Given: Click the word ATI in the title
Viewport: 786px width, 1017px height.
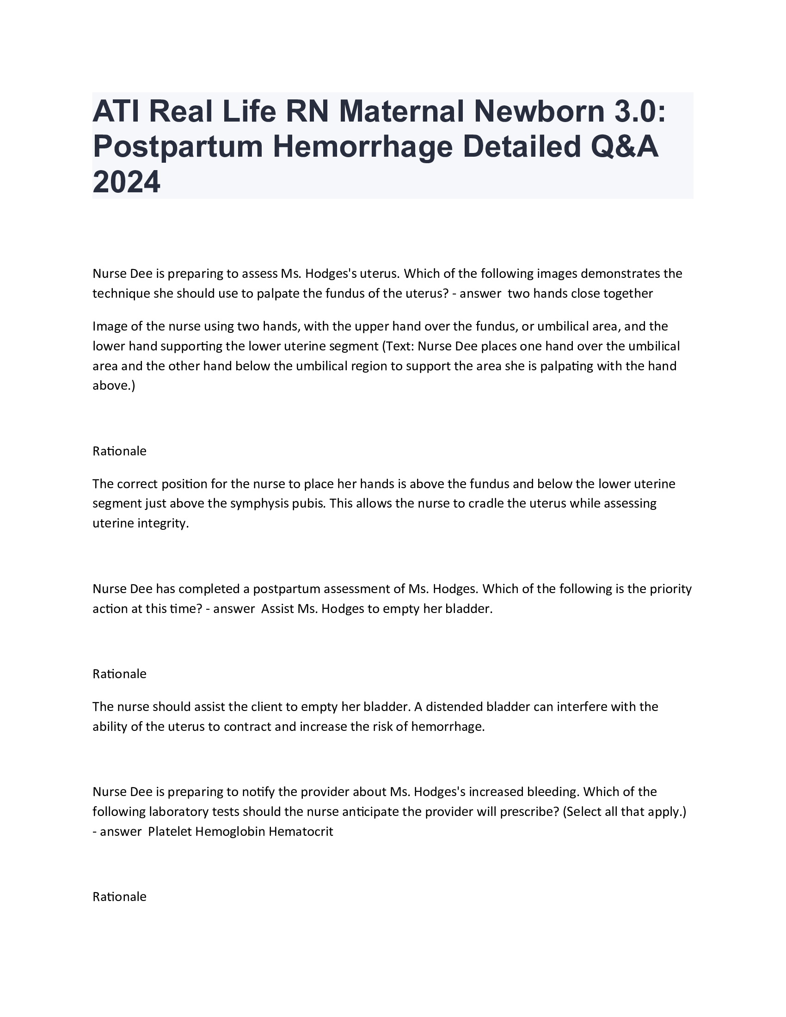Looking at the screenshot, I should [x=116, y=111].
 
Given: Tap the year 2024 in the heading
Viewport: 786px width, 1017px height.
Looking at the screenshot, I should [x=126, y=182].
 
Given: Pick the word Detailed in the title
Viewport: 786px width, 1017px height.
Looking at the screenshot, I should [x=521, y=147].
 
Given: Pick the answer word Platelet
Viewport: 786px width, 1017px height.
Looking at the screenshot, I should [x=170, y=832].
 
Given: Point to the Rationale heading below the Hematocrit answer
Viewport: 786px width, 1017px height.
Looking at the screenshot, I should [x=120, y=897].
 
